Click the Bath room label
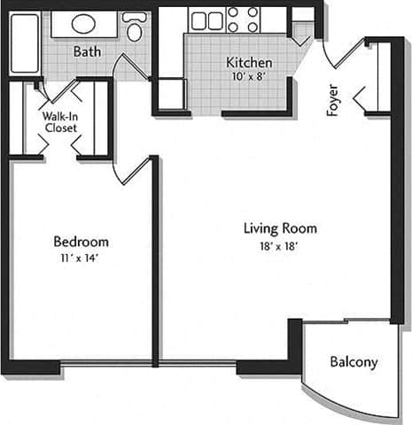87,52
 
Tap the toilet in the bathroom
135,29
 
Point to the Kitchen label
248,64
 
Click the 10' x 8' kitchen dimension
248,77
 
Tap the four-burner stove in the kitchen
243,20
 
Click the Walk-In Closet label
59,121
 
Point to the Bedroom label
81,242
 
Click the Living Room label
280,228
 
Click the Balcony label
354,362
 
